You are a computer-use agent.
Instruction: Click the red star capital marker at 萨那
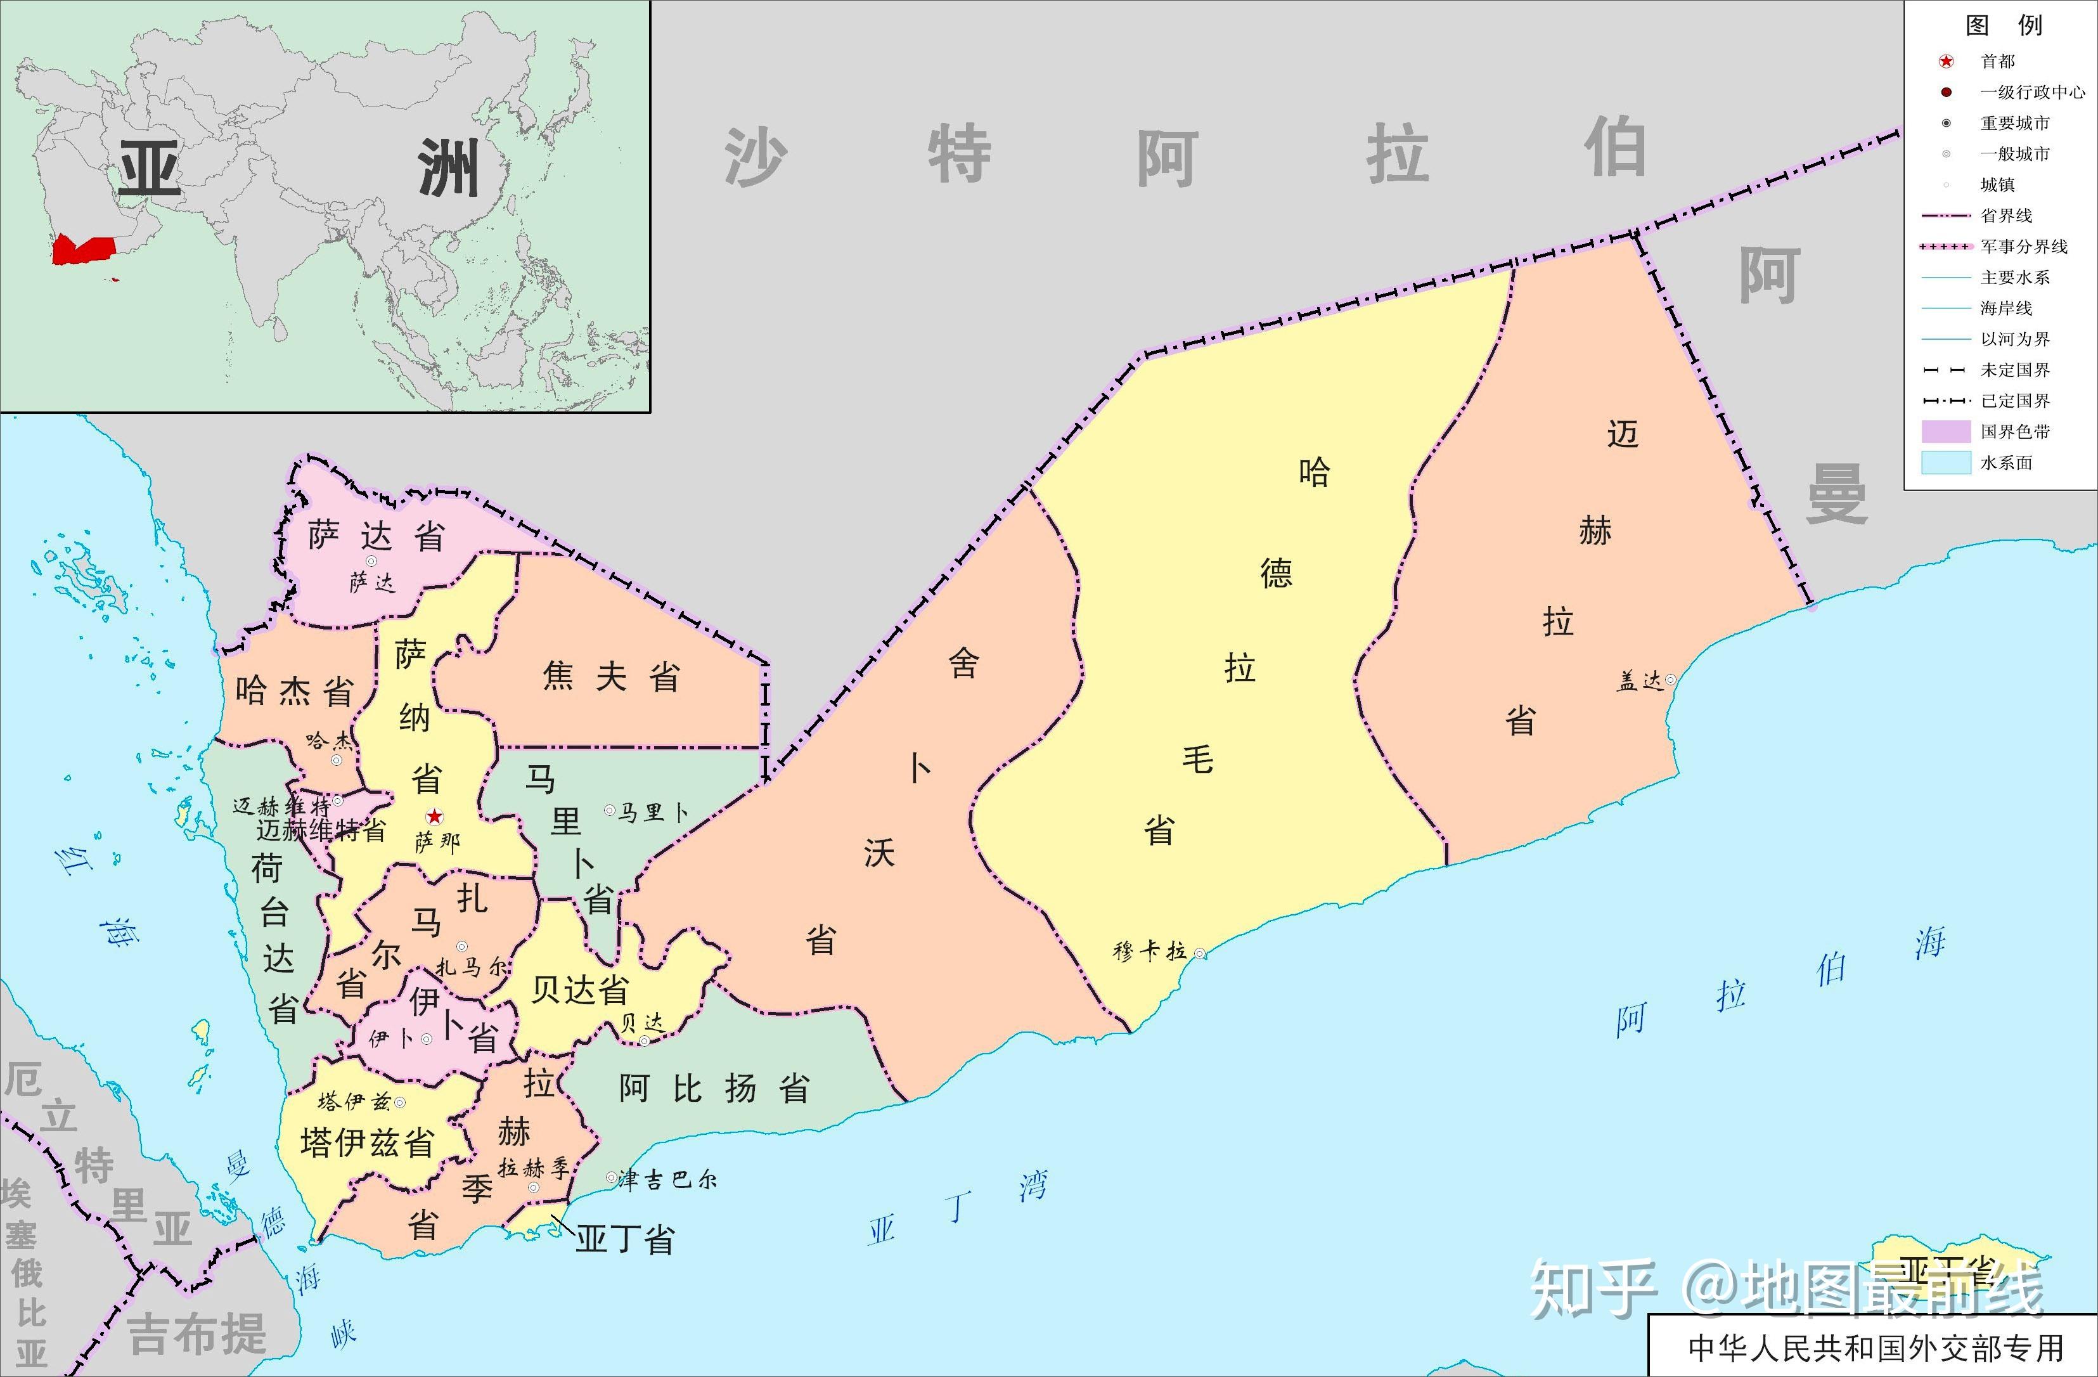(435, 817)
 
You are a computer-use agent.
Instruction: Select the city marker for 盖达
(1670, 680)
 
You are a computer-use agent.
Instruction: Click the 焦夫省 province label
(611, 677)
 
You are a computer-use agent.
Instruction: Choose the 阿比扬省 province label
(714, 1089)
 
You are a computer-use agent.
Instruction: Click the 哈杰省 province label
(295, 692)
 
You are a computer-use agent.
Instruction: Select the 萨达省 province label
(376, 536)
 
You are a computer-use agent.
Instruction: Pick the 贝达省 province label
(579, 990)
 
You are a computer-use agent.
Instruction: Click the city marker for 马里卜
(609, 810)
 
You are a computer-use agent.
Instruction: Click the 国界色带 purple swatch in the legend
(1945, 431)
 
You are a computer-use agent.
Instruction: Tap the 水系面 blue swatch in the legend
(1945, 462)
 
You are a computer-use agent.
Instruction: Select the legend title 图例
(2003, 25)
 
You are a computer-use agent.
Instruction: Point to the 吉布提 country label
(198, 1333)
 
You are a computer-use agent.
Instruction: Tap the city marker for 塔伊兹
(400, 1102)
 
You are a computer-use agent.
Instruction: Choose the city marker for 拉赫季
(533, 1187)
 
